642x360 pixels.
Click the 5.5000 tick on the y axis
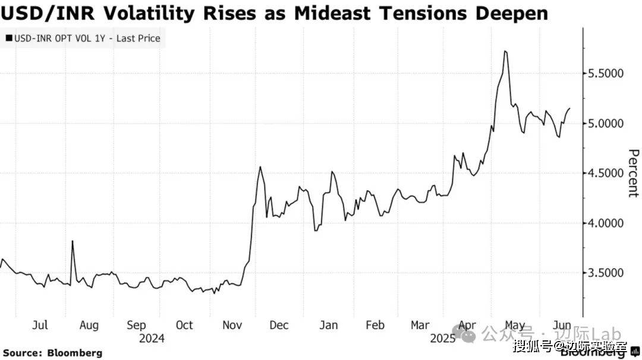612,74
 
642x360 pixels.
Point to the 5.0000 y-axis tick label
612,124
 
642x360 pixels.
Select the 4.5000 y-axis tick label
612,173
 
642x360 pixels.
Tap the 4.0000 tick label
612,223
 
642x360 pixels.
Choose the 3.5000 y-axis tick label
612,273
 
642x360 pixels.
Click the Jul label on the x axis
39,326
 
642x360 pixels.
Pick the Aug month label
89,326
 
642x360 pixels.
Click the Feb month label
374,326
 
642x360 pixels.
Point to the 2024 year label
151,339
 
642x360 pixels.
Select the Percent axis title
632,173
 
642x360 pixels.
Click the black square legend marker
8,39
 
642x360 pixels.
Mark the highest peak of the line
505,52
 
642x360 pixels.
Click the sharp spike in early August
73,241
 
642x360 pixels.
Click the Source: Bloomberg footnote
52,353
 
